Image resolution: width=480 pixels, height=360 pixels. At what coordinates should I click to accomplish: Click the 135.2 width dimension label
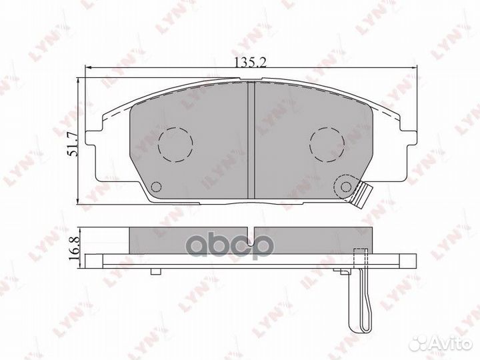coord(250,63)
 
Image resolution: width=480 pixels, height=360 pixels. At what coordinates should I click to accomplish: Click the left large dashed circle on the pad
coord(175,143)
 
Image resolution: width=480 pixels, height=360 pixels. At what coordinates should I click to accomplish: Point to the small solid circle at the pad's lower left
coord(156,187)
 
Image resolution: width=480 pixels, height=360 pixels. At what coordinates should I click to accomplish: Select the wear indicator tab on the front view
coord(364,195)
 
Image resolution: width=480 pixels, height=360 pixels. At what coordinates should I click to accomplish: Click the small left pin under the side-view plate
coord(155,271)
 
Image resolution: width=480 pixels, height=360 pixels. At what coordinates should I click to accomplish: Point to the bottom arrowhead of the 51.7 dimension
coord(79,201)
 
